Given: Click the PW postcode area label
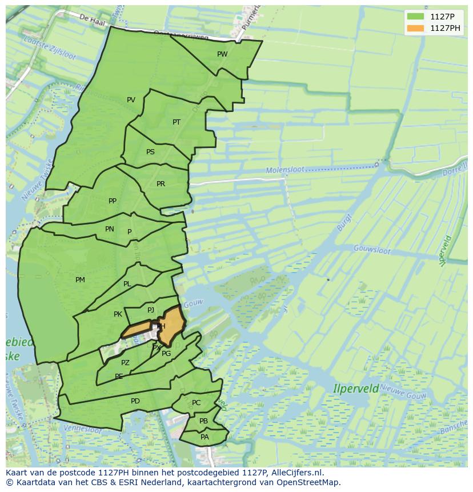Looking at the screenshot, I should click(x=222, y=54).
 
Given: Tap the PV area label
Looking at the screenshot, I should click(x=131, y=100).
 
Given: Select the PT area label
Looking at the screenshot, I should click(x=177, y=122).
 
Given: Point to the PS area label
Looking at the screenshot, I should click(x=150, y=152).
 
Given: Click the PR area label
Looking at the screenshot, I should click(x=161, y=184).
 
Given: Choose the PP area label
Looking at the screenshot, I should click(x=113, y=201).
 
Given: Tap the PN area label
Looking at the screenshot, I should click(x=110, y=229).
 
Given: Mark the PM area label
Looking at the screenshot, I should click(x=80, y=280).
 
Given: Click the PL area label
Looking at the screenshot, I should click(x=127, y=284).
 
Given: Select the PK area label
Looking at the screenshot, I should click(x=118, y=314).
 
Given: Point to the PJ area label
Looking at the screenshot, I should click(x=151, y=310).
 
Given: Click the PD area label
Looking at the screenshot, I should click(x=135, y=401).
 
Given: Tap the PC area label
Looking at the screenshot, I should click(x=197, y=403).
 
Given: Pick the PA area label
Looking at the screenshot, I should click(x=205, y=437).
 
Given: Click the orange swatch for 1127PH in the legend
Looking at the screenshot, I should click(x=416, y=28).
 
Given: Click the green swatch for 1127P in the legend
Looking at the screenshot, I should click(x=416, y=16).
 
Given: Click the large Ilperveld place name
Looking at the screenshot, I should click(x=356, y=389).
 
